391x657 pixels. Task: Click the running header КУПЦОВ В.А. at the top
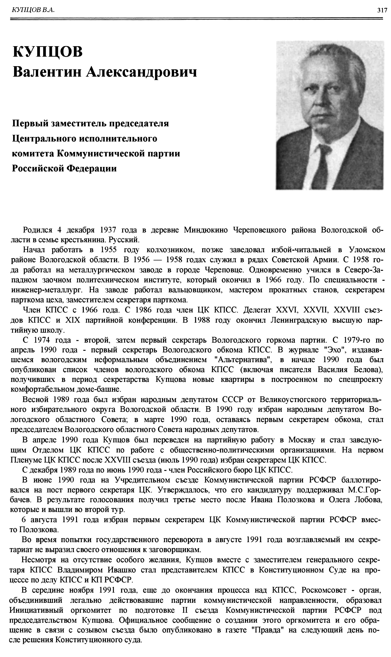point(33,10)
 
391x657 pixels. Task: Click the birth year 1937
point(108,230)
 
